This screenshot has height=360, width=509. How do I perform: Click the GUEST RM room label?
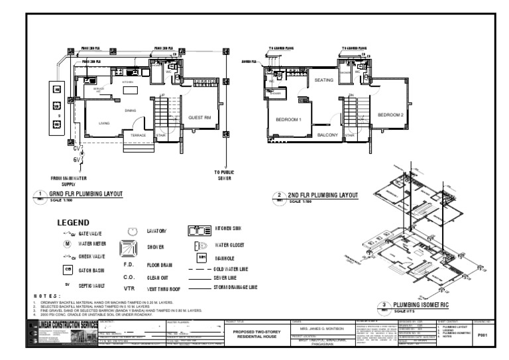coord(199,118)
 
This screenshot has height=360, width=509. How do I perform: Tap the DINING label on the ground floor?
coord(130,110)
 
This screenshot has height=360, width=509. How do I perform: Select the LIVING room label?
coord(104,123)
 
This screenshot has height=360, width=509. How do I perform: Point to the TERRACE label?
coord(138,135)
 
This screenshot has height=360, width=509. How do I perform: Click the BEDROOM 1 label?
coord(288,119)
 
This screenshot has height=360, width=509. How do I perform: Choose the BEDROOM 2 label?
coord(391,115)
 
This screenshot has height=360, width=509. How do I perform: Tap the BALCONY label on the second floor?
coord(327,135)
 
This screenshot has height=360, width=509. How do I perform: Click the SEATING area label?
coord(323,80)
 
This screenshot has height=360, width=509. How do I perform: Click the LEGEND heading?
coord(78,222)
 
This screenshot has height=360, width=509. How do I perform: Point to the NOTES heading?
coord(46,296)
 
